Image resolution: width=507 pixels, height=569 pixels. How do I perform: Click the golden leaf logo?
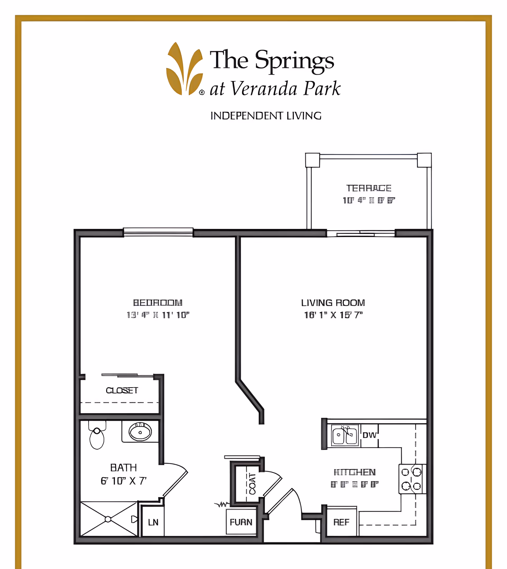(x=184, y=70)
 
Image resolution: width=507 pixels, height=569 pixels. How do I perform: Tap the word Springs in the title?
(x=294, y=61)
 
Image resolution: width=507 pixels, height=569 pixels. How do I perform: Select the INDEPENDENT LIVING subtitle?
(x=266, y=116)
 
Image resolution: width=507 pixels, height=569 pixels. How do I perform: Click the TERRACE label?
(x=369, y=188)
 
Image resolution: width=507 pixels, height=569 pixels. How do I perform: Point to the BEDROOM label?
(x=158, y=303)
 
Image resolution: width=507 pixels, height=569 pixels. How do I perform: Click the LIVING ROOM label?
(x=333, y=303)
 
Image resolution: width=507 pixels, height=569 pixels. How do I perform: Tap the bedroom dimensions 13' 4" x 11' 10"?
(x=158, y=315)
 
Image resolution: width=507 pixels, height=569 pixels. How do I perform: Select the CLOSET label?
(x=122, y=390)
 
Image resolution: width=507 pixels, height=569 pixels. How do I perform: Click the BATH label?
(x=123, y=468)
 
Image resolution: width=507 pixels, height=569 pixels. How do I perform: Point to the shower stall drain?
(x=108, y=519)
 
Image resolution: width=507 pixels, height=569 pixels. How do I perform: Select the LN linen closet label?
(x=153, y=522)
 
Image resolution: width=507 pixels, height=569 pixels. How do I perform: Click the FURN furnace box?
(x=241, y=522)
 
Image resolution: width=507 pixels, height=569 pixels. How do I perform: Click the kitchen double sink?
(x=345, y=436)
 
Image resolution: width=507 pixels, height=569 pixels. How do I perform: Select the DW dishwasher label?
(x=369, y=435)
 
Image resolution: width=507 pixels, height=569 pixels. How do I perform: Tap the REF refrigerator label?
(x=341, y=522)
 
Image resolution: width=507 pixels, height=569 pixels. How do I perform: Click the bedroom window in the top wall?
(x=158, y=232)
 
